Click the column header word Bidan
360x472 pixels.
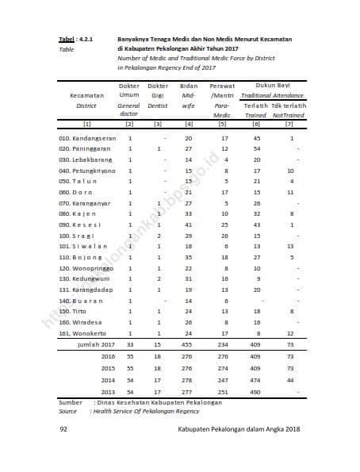(188, 85)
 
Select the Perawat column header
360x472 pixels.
(223, 85)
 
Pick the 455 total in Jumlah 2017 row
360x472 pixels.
(188, 345)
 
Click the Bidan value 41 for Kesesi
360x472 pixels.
(188, 224)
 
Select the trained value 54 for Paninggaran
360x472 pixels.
(256, 149)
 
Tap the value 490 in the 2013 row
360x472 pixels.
(256, 392)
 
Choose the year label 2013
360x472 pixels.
(108, 392)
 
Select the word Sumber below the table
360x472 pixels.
(71, 403)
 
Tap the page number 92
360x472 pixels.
(63, 429)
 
